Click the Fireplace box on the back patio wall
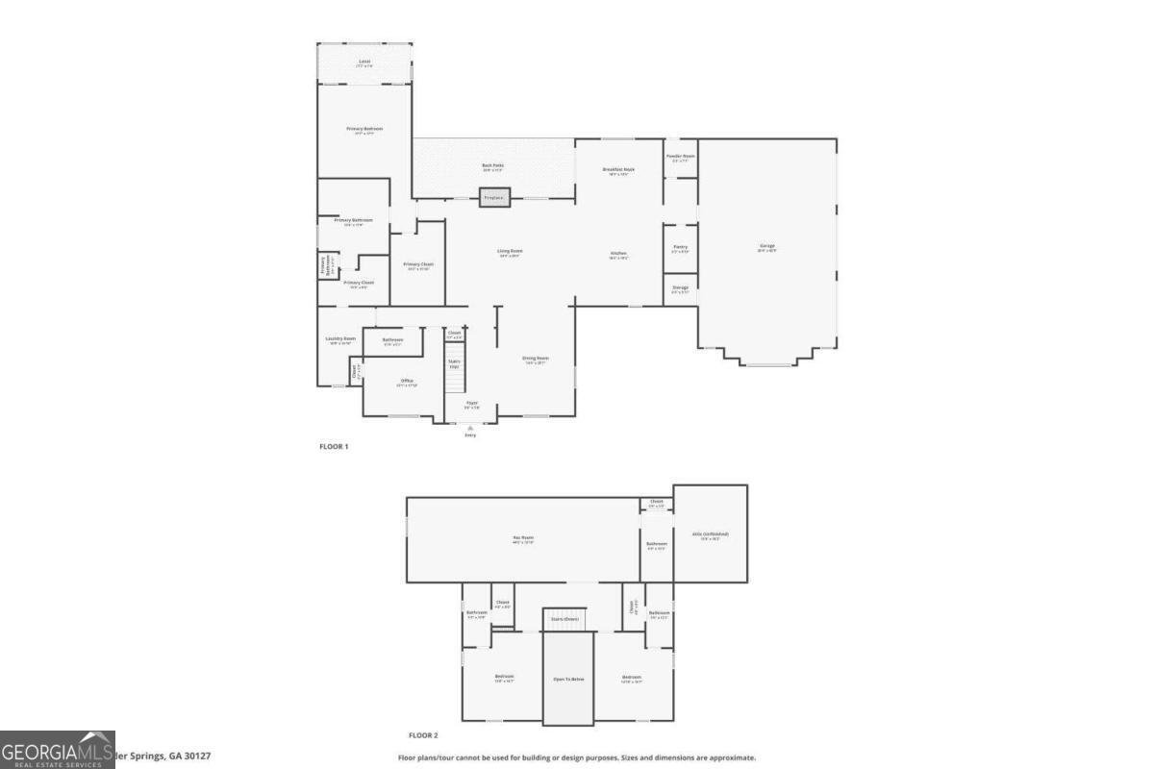point(493,198)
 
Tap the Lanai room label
point(364,62)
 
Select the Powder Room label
point(681,156)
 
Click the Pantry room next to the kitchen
point(680,248)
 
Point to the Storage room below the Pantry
point(680,288)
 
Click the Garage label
point(767,247)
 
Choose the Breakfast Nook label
point(618,170)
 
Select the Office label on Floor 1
point(407,381)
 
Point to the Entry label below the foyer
point(470,434)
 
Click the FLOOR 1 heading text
point(334,446)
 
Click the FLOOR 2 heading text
point(423,735)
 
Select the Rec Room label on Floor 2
point(523,538)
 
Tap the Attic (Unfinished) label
point(711,534)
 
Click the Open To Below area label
point(568,679)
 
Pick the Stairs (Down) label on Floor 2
point(564,619)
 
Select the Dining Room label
point(535,359)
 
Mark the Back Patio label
point(492,166)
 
